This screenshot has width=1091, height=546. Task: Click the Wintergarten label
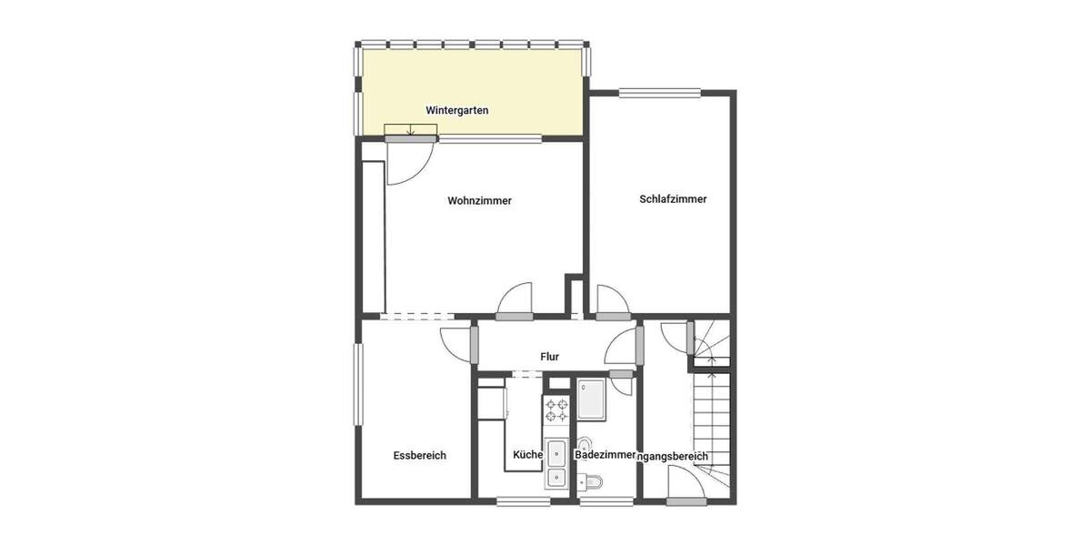(457, 110)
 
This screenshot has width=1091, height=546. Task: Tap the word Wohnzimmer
(479, 201)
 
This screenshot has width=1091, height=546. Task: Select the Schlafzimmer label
(673, 199)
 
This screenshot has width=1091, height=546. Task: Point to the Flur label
(549, 357)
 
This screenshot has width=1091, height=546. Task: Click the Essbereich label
(419, 455)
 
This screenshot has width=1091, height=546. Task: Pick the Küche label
(527, 455)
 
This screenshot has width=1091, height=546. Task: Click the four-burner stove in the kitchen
(556, 411)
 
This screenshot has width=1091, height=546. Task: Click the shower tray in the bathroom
(593, 400)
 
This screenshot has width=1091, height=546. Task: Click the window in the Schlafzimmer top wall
(660, 92)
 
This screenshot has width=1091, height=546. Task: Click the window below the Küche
(522, 500)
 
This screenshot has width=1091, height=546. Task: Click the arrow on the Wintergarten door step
(411, 130)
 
